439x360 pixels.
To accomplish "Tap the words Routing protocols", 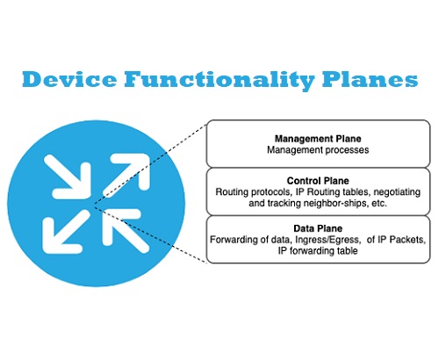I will [255, 191].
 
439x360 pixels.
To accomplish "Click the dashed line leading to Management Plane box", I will [149, 166].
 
